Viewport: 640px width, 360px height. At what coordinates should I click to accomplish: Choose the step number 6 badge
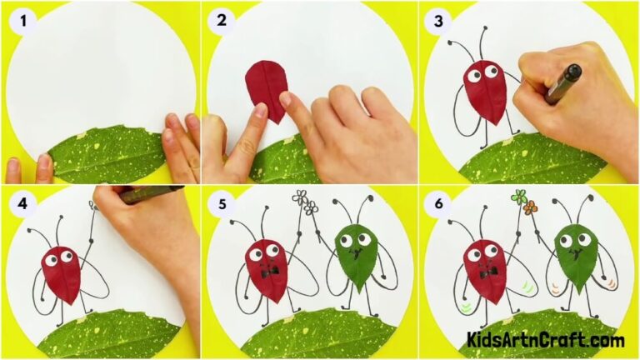pyautogui.click(x=437, y=205)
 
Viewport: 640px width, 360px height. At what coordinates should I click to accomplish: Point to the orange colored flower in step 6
pyautogui.click(x=532, y=208)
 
